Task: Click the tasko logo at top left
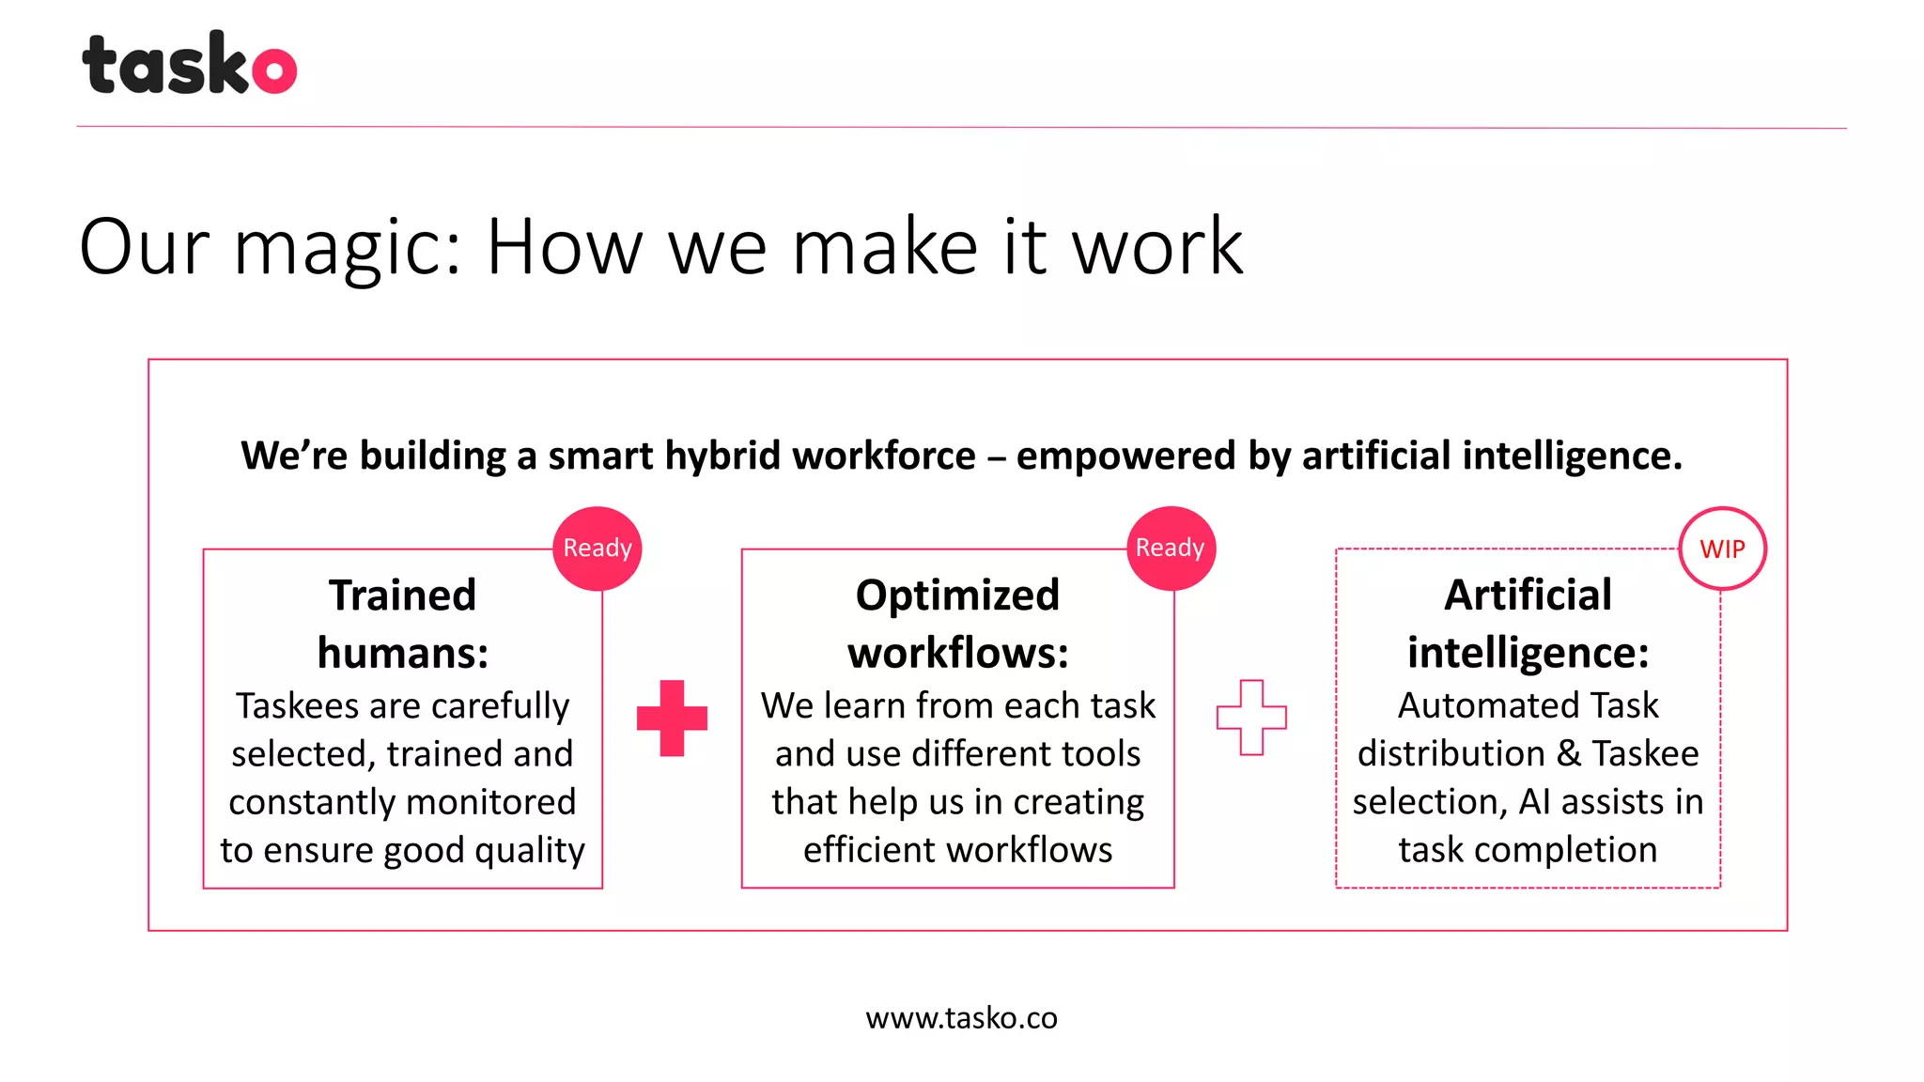pyautogui.click(x=188, y=64)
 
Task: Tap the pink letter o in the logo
pyautogui.click(x=274, y=70)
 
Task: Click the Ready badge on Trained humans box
pyautogui.click(x=597, y=549)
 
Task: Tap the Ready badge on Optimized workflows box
pyautogui.click(x=1171, y=549)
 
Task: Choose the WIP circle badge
pyautogui.click(x=1722, y=549)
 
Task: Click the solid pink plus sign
pyautogui.click(x=672, y=718)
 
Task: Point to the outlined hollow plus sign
pyautogui.click(x=1251, y=718)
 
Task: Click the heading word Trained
pyautogui.click(x=403, y=595)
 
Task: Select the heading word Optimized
pyautogui.click(x=957, y=595)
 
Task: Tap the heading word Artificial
pyautogui.click(x=1528, y=595)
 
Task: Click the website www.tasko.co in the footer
pyautogui.click(x=961, y=1018)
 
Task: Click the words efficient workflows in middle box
pyautogui.click(x=957, y=850)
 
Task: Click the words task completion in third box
pyautogui.click(x=1528, y=850)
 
